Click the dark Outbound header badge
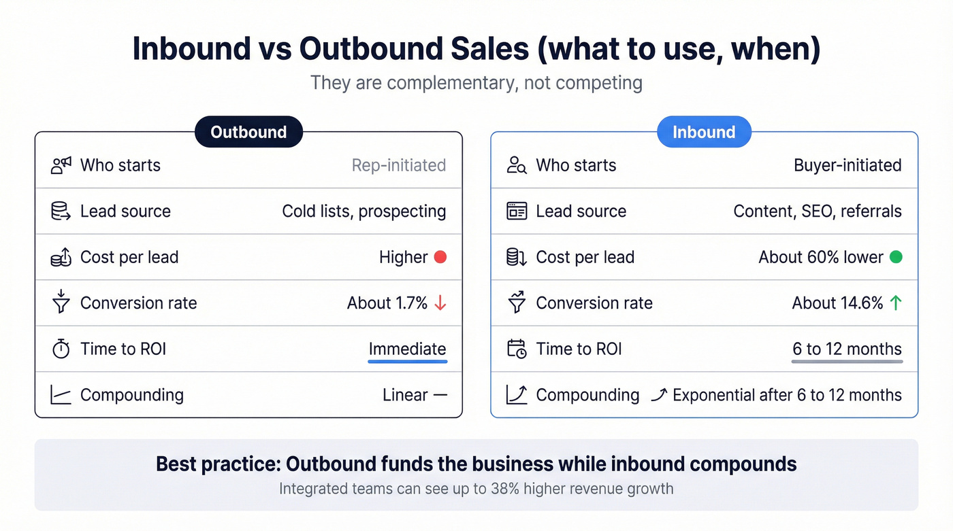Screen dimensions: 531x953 (x=248, y=132)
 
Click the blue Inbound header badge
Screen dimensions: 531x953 (x=704, y=132)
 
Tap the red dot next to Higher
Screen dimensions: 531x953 (x=440, y=257)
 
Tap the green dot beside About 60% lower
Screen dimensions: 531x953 (x=896, y=257)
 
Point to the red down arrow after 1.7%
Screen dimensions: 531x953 (x=440, y=303)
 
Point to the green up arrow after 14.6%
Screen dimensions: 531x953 (x=896, y=303)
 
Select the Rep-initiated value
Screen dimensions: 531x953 (x=399, y=165)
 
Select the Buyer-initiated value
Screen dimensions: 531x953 (x=847, y=165)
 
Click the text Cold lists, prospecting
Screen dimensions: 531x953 (x=364, y=211)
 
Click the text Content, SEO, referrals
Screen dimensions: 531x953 (x=818, y=211)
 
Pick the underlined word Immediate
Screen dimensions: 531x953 (x=407, y=349)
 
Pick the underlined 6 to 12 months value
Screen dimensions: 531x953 (x=847, y=349)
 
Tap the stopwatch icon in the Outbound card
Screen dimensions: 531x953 (x=61, y=349)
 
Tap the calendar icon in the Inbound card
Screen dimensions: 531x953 (x=517, y=349)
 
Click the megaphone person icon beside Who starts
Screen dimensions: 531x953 (x=61, y=165)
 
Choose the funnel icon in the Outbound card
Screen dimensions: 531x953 (x=61, y=303)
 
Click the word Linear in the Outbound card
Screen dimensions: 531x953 (x=405, y=395)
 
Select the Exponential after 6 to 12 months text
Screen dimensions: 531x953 (x=787, y=395)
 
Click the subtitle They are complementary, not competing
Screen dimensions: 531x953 (x=476, y=83)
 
